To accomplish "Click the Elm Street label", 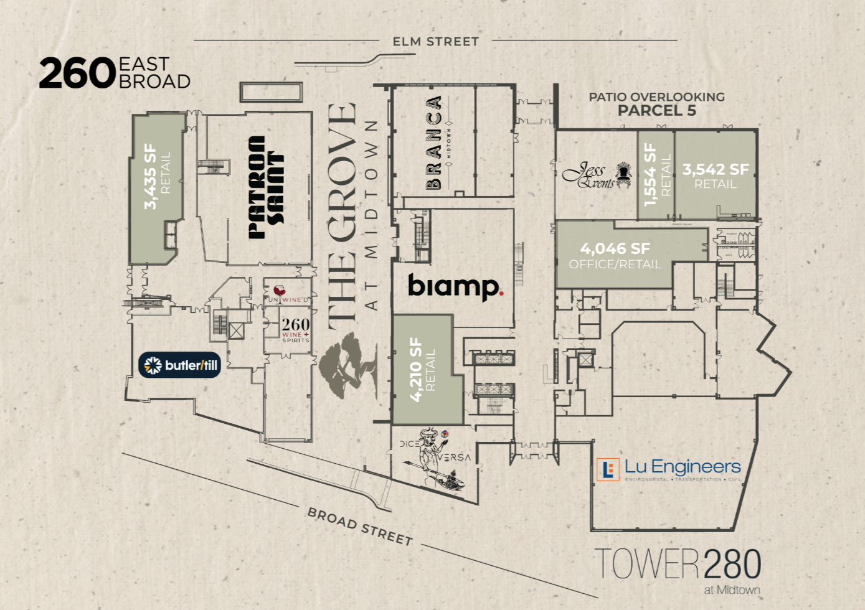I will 435,42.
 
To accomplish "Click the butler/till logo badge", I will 180,365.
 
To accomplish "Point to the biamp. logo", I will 455,286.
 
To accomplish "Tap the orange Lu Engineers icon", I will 608,469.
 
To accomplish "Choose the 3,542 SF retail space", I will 716,175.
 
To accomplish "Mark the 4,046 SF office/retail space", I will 615,255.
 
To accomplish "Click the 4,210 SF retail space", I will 423,370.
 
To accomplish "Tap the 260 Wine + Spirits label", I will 295,329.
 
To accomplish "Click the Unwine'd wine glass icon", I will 280,291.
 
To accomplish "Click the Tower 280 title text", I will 678,565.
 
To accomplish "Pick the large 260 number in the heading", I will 77,74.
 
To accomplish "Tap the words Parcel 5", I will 656,111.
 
